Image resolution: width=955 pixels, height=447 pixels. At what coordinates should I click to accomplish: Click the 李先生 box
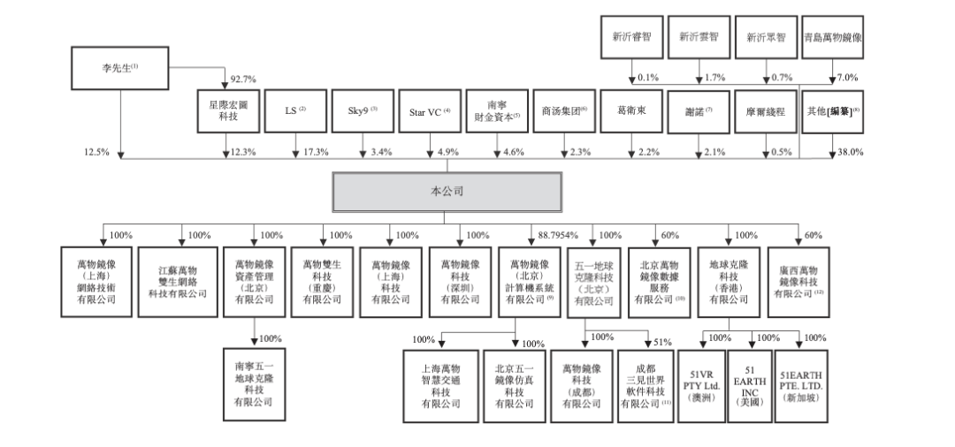120,67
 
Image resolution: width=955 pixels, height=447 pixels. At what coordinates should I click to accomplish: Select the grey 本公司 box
447,189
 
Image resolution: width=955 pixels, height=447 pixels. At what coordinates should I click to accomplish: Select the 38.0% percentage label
850,152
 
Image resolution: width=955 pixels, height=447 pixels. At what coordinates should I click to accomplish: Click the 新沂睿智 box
630,37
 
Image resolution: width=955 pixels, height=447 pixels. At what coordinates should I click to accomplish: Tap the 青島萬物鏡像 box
832,37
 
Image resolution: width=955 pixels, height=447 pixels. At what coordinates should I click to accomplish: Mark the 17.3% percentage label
314,152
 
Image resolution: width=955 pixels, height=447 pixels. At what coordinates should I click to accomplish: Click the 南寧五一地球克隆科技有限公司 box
254,383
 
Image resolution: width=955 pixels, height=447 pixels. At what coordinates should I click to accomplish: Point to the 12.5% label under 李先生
96,152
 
